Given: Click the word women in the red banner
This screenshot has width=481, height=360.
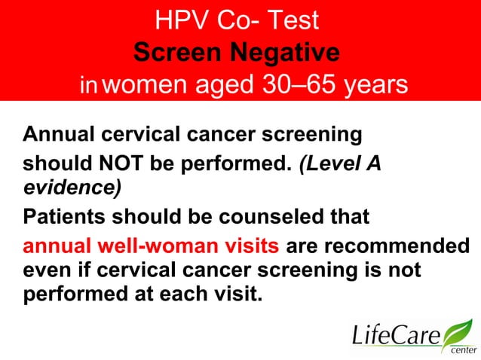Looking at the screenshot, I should click(142, 85).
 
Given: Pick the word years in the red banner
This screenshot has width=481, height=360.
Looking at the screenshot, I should click(374, 85).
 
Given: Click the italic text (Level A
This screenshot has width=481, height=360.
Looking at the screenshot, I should click(340, 163).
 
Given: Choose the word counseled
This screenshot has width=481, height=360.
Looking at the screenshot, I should click(276, 218).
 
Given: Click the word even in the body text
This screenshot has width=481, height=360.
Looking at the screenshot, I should click(47, 270).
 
